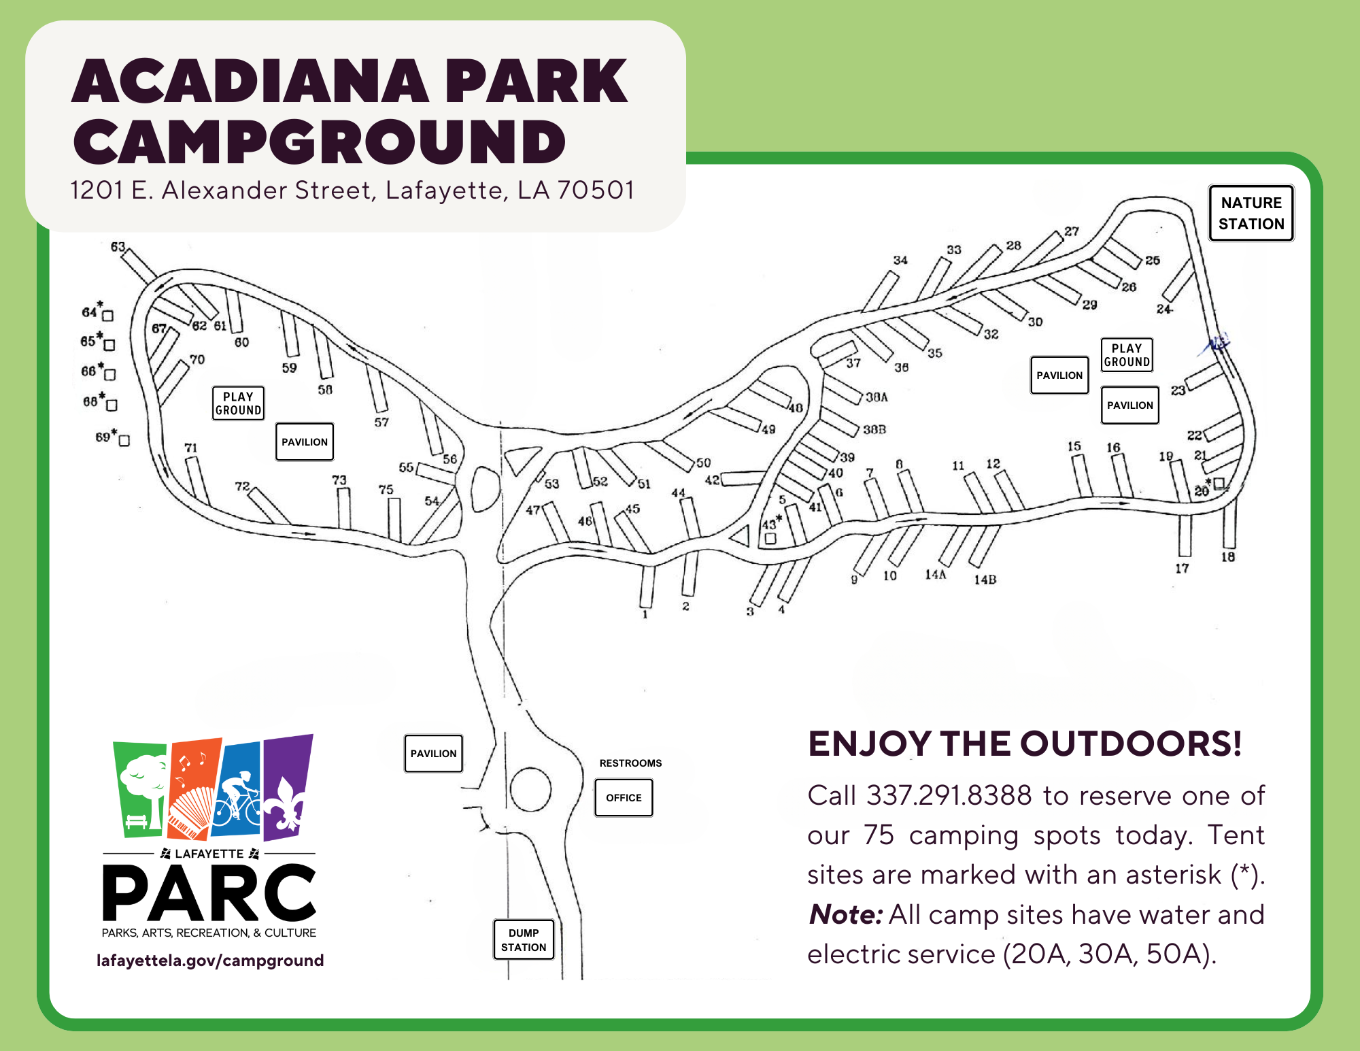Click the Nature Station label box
[x=1251, y=213]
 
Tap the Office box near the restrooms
[x=624, y=797]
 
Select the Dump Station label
[x=524, y=939]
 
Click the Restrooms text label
[x=630, y=763]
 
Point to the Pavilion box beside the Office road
[x=434, y=753]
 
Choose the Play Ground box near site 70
[x=238, y=403]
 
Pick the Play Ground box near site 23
[x=1127, y=354]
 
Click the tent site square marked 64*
[x=107, y=316]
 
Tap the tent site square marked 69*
[x=124, y=441]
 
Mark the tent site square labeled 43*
[x=770, y=538]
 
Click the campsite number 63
[x=118, y=246]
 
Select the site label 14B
[x=985, y=580]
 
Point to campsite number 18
[x=1228, y=556]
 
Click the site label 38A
[x=877, y=397]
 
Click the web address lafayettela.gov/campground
[x=210, y=960]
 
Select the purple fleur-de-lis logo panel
[x=288, y=787]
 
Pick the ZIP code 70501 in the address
[x=596, y=190]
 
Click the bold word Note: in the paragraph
[x=846, y=914]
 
